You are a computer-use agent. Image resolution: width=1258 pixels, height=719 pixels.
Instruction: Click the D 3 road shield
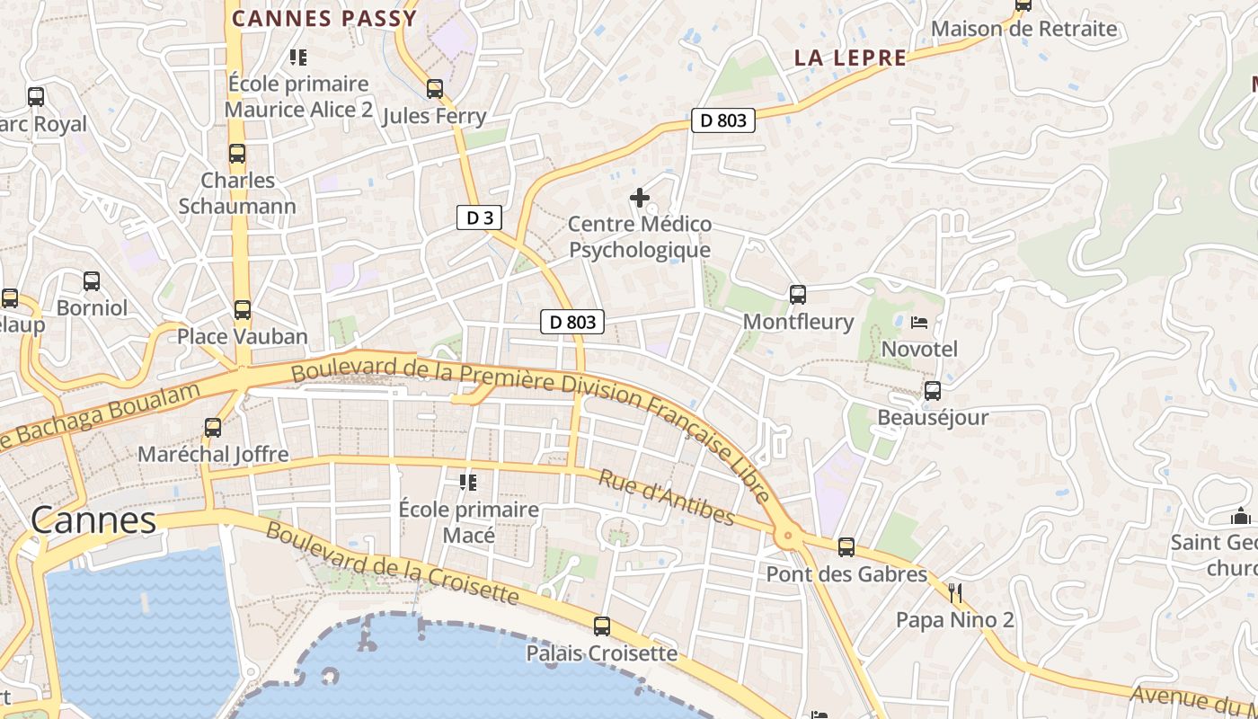point(479,217)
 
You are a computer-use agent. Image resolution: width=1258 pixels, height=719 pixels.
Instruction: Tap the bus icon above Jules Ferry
point(435,89)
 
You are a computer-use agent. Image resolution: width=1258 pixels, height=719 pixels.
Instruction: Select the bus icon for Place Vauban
point(242,310)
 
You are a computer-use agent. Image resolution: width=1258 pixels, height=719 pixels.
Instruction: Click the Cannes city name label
point(93,520)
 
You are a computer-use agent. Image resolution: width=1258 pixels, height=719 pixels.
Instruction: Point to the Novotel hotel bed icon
point(919,322)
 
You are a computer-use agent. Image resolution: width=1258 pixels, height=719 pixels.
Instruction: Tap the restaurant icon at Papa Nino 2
point(955,592)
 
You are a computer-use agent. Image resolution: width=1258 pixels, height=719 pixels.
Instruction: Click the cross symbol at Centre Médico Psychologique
point(640,197)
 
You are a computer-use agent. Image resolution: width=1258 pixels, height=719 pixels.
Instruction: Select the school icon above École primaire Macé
point(468,483)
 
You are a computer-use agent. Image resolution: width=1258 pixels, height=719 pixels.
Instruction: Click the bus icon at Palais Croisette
point(602,626)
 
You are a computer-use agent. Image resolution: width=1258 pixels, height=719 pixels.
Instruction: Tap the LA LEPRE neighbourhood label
point(850,58)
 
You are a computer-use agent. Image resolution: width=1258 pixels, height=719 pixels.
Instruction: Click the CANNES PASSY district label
point(324,18)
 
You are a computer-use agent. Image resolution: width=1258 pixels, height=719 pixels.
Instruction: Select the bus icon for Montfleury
point(797,294)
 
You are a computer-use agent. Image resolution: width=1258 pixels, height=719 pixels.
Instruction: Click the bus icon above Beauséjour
point(933,391)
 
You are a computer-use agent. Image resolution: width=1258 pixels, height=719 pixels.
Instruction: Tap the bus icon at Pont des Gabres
point(846,547)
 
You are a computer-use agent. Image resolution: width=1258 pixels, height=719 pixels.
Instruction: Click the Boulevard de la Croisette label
point(392,563)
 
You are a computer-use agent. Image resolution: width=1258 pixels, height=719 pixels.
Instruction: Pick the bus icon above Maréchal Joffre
point(213,428)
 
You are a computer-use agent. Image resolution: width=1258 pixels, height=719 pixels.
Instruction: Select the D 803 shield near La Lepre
point(723,120)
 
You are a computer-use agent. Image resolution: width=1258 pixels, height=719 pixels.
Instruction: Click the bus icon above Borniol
point(92,281)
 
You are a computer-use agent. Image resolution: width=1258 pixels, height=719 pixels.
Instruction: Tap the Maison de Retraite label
point(1023,29)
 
